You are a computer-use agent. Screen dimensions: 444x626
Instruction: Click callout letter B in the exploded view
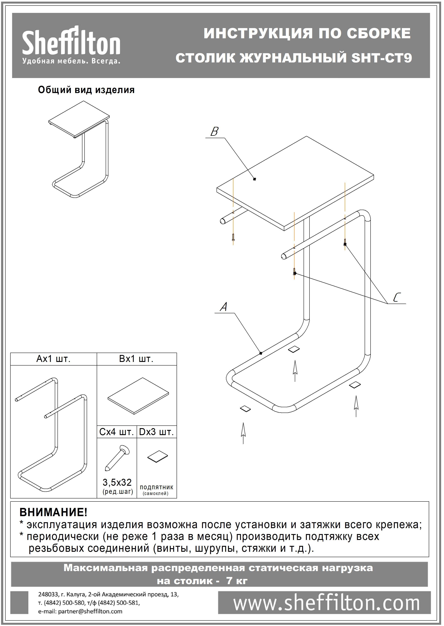(x=214, y=132)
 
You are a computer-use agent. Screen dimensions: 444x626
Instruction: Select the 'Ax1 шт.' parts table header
(x=54, y=359)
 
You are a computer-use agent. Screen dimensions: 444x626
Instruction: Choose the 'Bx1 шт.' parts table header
(x=136, y=359)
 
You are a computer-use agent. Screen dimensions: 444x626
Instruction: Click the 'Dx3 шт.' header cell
(x=156, y=432)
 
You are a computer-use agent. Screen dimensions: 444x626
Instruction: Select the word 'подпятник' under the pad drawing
(x=156, y=487)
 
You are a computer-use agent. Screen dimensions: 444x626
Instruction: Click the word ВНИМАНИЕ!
(x=53, y=512)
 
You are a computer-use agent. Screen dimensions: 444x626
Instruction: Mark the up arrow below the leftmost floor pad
(x=243, y=433)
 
